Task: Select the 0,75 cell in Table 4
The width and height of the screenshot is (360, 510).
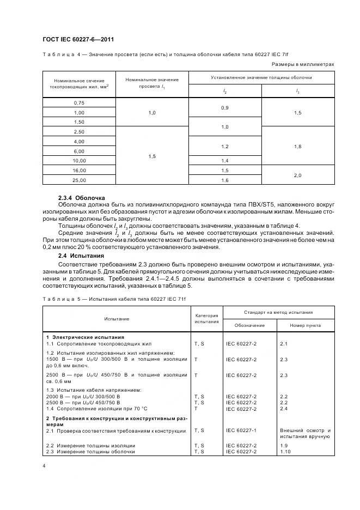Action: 79,103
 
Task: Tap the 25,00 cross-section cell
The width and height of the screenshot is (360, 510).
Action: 79,179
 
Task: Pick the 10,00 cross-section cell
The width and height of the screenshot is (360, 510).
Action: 79,161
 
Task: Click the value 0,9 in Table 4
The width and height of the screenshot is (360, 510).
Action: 225,108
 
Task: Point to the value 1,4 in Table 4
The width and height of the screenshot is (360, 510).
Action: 225,161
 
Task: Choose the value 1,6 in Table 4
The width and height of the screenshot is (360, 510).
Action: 225,179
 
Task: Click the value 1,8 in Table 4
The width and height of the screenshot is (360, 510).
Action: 297,146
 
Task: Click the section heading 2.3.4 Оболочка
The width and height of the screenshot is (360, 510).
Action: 82,197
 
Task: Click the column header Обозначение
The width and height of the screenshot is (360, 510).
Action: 249,325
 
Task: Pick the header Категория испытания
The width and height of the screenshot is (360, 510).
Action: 206,318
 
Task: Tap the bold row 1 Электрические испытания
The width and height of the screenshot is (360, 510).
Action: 85,337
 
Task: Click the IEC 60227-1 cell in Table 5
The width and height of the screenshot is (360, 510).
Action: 241,430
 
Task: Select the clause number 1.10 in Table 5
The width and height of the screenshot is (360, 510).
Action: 285,452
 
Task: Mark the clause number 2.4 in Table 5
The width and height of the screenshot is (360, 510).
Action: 283,409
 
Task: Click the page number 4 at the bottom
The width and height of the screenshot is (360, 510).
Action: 44,466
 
